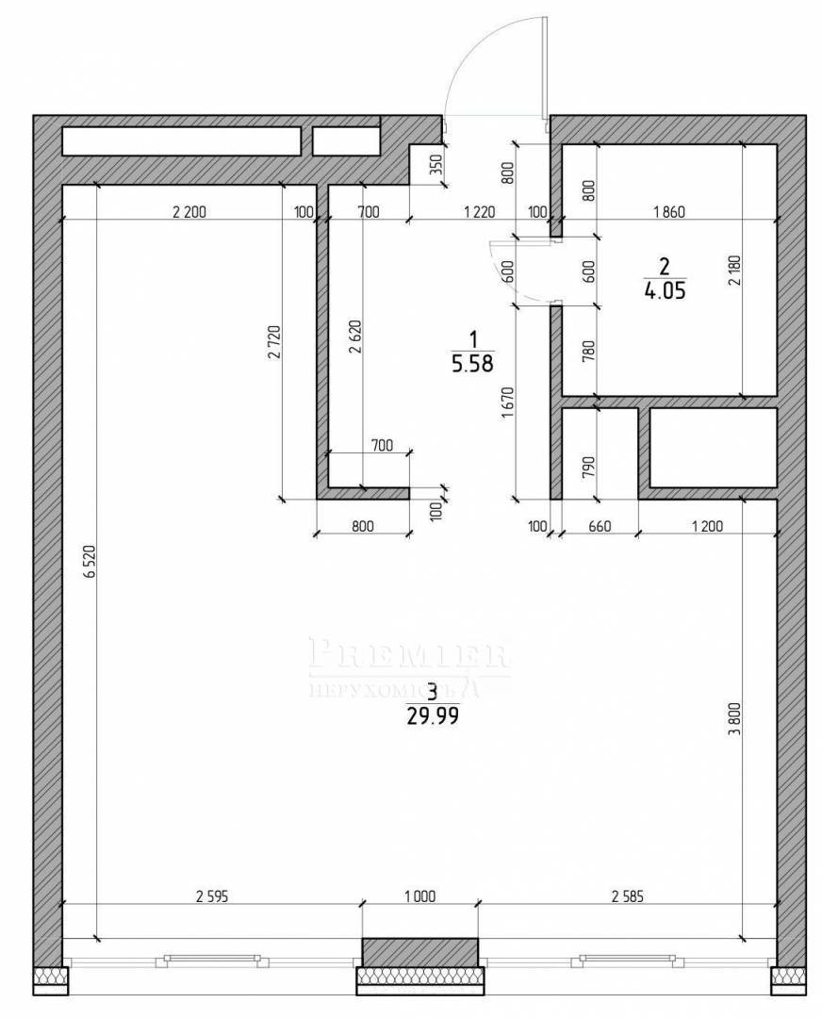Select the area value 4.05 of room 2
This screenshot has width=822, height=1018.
point(664,291)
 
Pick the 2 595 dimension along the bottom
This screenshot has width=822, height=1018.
point(212,896)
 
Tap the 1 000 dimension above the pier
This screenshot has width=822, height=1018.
point(419,896)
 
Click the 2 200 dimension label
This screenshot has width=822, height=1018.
point(189,212)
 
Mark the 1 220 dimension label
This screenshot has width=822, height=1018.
point(479,212)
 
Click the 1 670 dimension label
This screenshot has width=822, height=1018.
point(508,401)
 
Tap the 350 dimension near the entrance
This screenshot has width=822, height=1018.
point(434,167)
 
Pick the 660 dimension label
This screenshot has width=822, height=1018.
point(599,526)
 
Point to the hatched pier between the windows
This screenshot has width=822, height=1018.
point(419,952)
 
